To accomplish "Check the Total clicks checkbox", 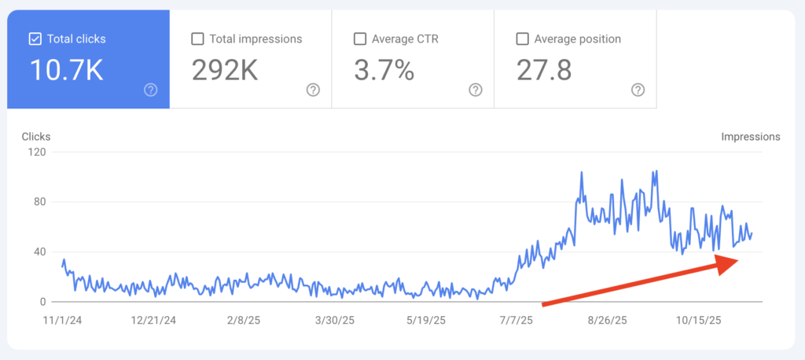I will point(35,39).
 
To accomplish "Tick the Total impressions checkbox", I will point(197,39).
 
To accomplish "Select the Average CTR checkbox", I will point(360,39).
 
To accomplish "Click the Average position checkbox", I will point(522,39).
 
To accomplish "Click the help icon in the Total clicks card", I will point(151,90).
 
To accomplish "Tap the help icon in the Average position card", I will point(638,90).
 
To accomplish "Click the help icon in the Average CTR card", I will point(476,90).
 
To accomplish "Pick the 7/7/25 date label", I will point(516,321).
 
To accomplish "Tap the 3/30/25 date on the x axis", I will point(336,321).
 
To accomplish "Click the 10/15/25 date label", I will point(699,321).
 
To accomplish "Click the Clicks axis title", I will point(36,137).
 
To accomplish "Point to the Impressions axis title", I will point(751,137).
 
